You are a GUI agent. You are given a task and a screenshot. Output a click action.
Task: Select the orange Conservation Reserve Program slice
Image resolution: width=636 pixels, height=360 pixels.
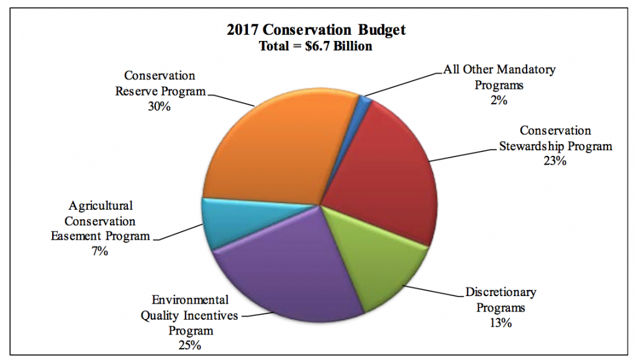267,149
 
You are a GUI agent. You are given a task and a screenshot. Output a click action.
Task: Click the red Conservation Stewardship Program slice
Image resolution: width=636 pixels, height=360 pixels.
385,174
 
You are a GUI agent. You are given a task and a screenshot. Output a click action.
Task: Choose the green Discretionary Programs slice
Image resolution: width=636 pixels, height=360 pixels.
379,261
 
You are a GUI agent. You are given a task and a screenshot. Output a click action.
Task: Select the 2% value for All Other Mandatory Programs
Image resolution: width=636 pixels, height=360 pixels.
499,99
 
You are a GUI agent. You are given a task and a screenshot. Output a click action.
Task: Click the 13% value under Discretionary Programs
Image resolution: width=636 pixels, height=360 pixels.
501,322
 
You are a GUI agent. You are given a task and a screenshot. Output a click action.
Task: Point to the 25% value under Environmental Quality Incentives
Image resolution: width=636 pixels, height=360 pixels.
189,346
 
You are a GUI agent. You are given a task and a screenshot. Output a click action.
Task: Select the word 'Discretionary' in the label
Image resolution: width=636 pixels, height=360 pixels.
501,292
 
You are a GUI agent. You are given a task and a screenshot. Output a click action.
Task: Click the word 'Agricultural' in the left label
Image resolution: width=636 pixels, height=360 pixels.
101,205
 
